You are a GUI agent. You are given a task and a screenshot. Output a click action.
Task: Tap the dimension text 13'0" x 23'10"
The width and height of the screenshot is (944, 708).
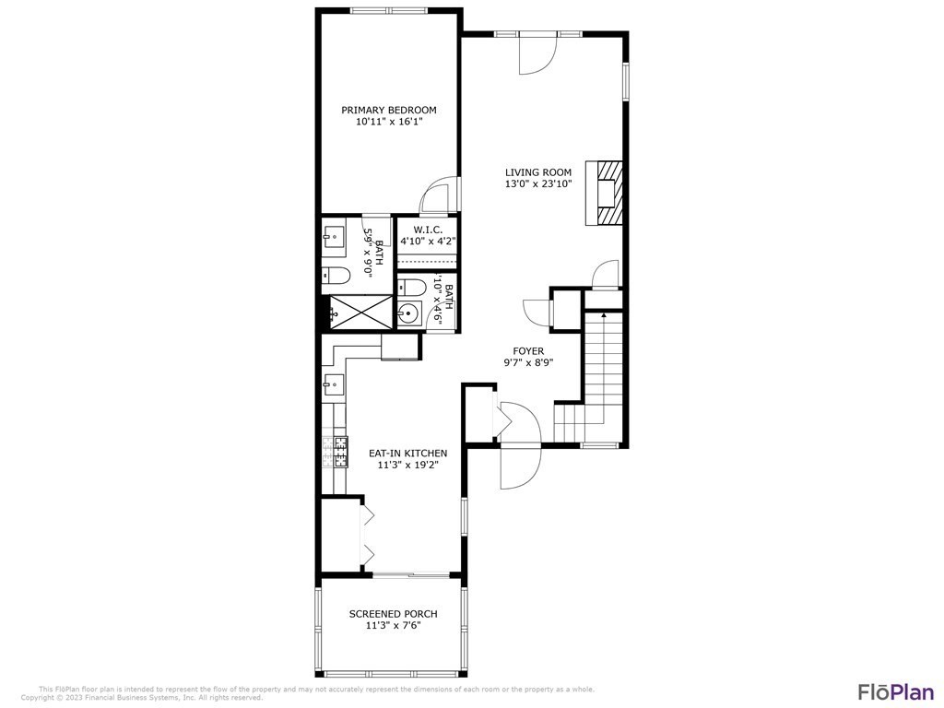coord(538,183)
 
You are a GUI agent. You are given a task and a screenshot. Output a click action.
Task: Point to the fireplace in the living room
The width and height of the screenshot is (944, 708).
coord(606,194)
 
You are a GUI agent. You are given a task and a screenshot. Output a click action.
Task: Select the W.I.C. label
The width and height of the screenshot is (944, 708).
coord(429,229)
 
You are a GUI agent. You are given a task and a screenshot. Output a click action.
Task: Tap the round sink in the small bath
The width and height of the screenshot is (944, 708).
coord(409,314)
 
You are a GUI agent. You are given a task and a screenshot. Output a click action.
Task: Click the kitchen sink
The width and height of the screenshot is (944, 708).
coord(333,383)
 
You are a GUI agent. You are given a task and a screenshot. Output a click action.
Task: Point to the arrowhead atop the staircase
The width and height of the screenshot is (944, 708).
coord(604,315)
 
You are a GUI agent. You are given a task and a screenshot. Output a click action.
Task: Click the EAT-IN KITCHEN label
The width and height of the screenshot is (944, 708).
coord(408,454)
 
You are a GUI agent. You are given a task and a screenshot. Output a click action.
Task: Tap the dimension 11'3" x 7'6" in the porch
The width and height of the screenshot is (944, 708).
coord(393,626)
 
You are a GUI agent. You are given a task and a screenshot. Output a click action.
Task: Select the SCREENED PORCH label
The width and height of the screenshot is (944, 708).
coord(393,614)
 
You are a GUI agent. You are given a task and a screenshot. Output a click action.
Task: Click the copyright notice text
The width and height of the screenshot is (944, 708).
coord(142,698)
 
